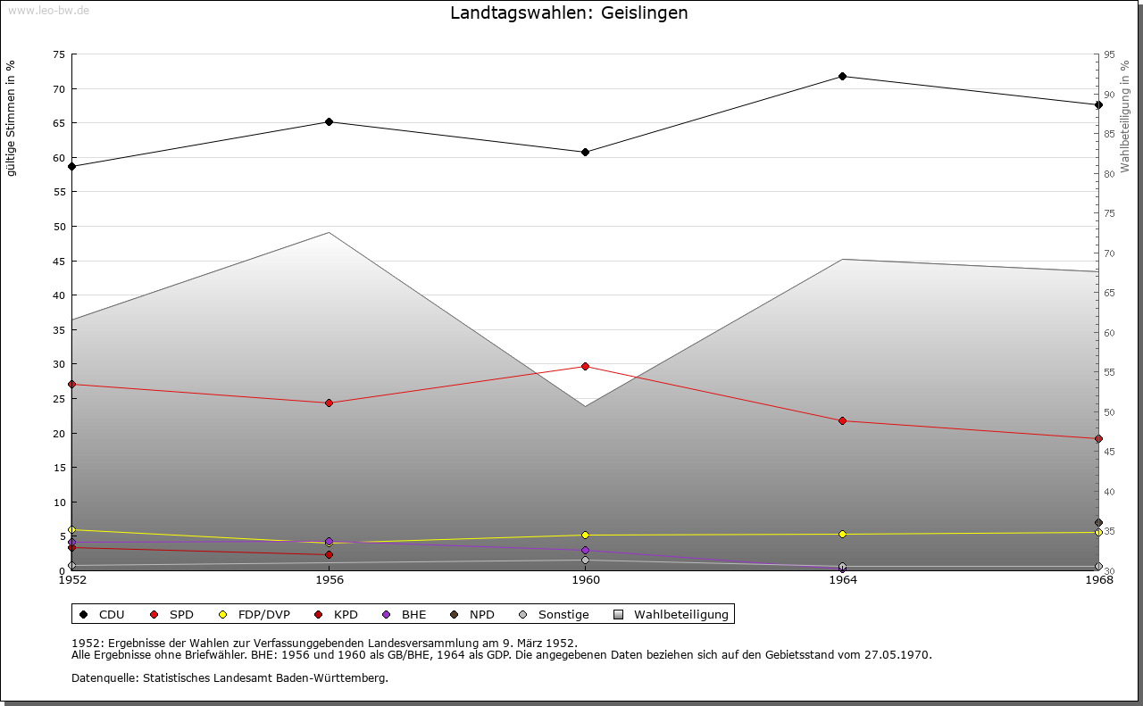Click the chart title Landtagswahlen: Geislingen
point(569,13)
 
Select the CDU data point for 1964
point(842,77)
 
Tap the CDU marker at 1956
point(329,122)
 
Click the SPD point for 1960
point(585,366)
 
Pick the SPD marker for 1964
point(842,421)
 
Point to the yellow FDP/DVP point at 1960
point(585,536)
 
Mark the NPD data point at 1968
point(1098,523)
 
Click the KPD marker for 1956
point(329,555)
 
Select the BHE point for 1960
point(585,551)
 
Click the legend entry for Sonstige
point(555,615)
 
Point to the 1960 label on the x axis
point(586,581)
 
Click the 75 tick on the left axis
point(58,54)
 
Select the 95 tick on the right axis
point(1109,54)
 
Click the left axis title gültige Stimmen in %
point(12,118)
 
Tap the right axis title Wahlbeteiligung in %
point(1125,116)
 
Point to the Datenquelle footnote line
point(229,678)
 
